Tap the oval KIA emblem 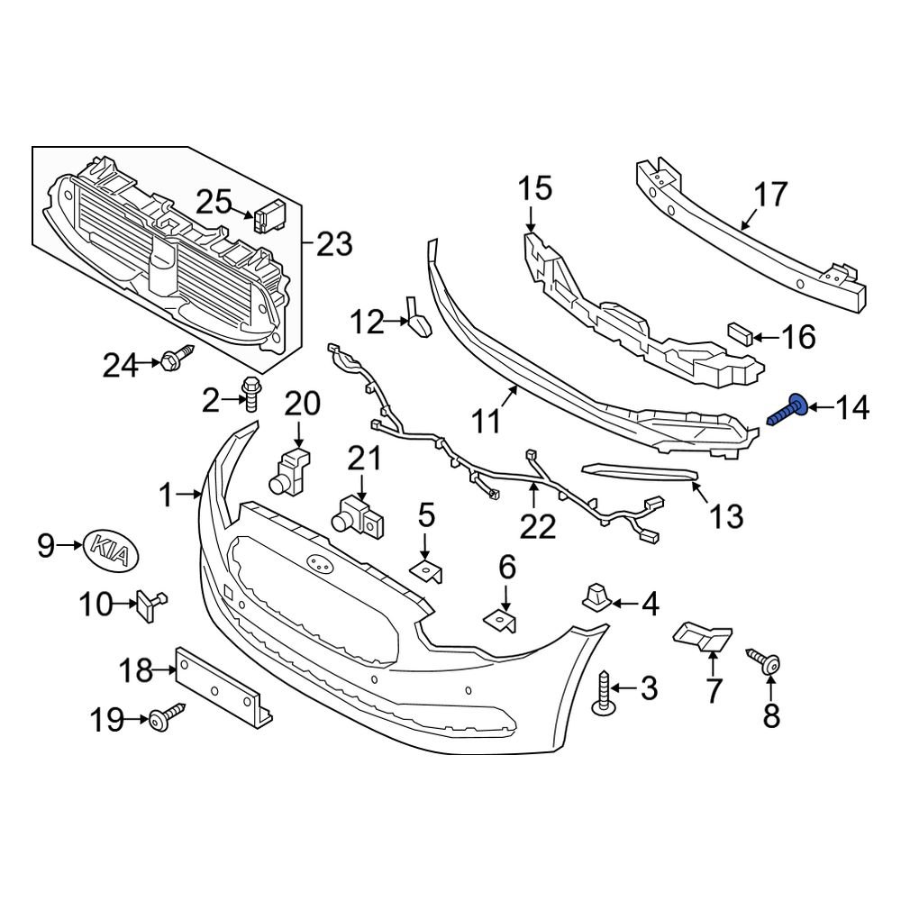(x=115, y=549)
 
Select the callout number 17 (x=770, y=195)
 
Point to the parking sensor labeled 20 (x=291, y=470)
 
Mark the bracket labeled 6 (x=504, y=621)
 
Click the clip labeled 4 (x=596, y=596)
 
